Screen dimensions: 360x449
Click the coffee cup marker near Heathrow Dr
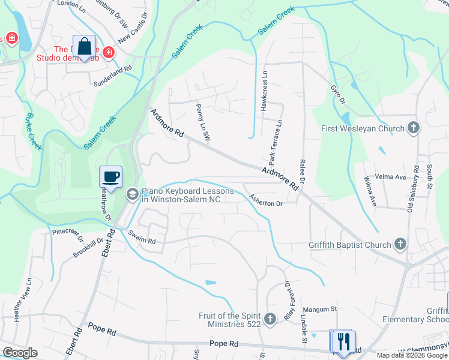pos(110,177)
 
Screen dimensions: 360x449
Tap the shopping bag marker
pos(85,46)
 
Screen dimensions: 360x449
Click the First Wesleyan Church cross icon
pos(413,128)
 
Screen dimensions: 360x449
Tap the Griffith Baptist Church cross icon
pos(401,244)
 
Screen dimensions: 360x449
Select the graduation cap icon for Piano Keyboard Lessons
pos(132,194)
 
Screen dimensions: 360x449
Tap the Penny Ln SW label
pos(203,122)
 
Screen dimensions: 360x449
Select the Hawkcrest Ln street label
pos(264,90)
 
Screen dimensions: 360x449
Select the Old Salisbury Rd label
pos(412,187)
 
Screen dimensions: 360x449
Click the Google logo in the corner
pos(19,353)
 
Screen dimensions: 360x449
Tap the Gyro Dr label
pos(338,94)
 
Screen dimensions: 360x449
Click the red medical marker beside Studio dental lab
pos(109,53)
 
